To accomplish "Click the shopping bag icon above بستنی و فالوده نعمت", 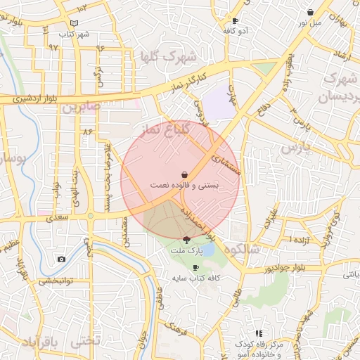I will click(184, 174).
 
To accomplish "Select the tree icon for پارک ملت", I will click(186, 240).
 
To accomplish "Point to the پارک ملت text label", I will click(186, 250).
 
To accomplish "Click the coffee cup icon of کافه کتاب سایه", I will click(195, 268).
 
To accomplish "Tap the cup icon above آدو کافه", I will click(235, 21).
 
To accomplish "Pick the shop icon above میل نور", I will click(310, 12).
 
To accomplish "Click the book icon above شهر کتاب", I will click(74, 24).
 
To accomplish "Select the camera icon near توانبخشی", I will click(61, 259).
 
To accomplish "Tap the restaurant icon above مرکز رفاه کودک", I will click(259, 333).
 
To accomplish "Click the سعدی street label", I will click(58, 219).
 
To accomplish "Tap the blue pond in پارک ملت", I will click(207, 249).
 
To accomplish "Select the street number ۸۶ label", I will click(88, 131).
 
